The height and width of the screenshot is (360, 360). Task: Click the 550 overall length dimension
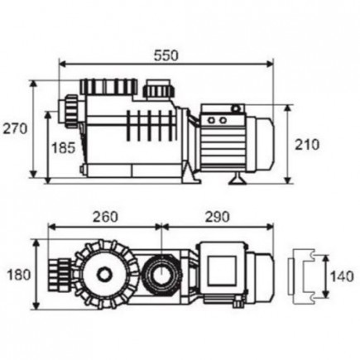coord(166,55)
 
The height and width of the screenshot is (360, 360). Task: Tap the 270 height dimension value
coord(15,129)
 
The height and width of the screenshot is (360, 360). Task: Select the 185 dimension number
coord(64,148)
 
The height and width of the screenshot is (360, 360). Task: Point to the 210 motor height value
coord(307,145)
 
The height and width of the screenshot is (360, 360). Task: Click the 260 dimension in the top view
coord(105,217)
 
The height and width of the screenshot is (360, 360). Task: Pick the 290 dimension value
coord(217,217)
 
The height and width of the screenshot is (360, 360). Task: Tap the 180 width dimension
coord(19,275)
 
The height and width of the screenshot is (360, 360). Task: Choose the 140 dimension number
coord(342,276)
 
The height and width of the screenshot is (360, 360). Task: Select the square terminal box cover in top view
coord(222,271)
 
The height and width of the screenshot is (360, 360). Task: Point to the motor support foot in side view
coord(238,178)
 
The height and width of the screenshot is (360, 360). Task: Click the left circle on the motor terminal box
coord(211,121)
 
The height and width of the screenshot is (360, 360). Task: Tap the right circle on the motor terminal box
coord(223,121)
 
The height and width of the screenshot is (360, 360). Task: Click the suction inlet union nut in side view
coord(71,112)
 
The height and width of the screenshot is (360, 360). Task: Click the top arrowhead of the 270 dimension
coord(33,84)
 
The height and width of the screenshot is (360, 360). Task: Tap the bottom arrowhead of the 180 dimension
coord(36,305)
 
